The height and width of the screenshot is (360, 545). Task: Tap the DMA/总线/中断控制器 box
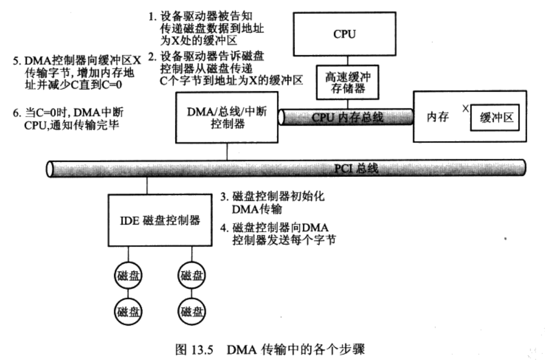(x=227, y=117)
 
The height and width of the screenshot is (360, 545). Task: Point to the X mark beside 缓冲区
(x=464, y=109)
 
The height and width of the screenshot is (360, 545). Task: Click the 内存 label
(x=437, y=117)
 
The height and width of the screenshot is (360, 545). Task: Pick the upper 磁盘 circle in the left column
(x=128, y=275)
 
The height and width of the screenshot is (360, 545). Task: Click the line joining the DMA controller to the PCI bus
(x=227, y=151)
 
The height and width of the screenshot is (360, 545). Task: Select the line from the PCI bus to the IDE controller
(x=148, y=185)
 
